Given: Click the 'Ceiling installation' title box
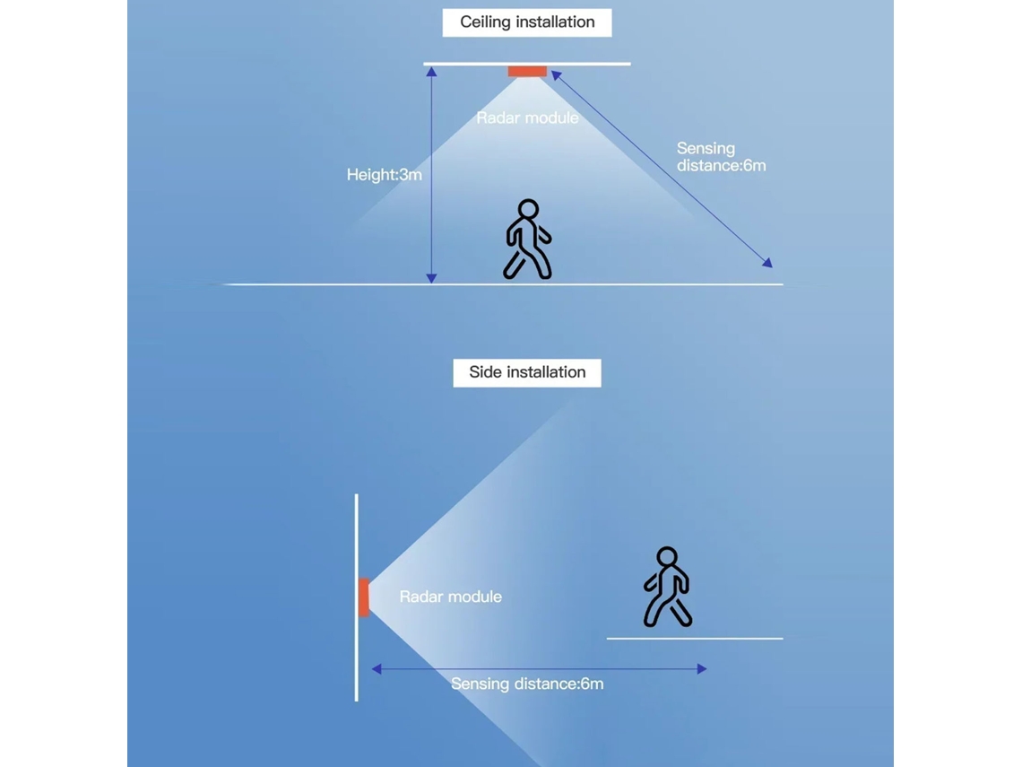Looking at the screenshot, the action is pos(526,22).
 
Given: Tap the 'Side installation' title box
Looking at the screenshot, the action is pos(526,372).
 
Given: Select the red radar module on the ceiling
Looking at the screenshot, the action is pos(527,71).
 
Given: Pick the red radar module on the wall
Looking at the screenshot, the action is pos(364,597).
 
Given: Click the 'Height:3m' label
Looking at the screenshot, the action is pos(384,175).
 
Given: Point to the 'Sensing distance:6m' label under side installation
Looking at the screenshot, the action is pos(526,684).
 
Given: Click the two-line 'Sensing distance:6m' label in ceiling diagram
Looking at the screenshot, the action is pos(721,157).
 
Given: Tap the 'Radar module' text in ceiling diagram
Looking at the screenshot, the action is pos(527,118).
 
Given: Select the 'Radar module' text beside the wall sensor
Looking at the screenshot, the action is pos(450,597).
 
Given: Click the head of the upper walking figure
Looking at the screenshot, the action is pos(528,209).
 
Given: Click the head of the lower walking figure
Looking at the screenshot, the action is pos(667,557).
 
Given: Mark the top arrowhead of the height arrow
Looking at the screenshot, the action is pos(431,71).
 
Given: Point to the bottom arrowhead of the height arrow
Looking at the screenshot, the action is pos(431,278).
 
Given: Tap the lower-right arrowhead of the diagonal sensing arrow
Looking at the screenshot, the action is pos(767,263).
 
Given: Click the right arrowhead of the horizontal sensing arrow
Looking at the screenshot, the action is pos(702,668).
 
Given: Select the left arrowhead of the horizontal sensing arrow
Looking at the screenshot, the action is pos(377,668).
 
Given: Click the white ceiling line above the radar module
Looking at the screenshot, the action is pos(526,64).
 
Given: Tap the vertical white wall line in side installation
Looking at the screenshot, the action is pos(357,597).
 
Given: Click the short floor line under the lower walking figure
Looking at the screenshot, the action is pos(695,639).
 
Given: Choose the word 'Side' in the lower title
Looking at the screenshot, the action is pos(486,372).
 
